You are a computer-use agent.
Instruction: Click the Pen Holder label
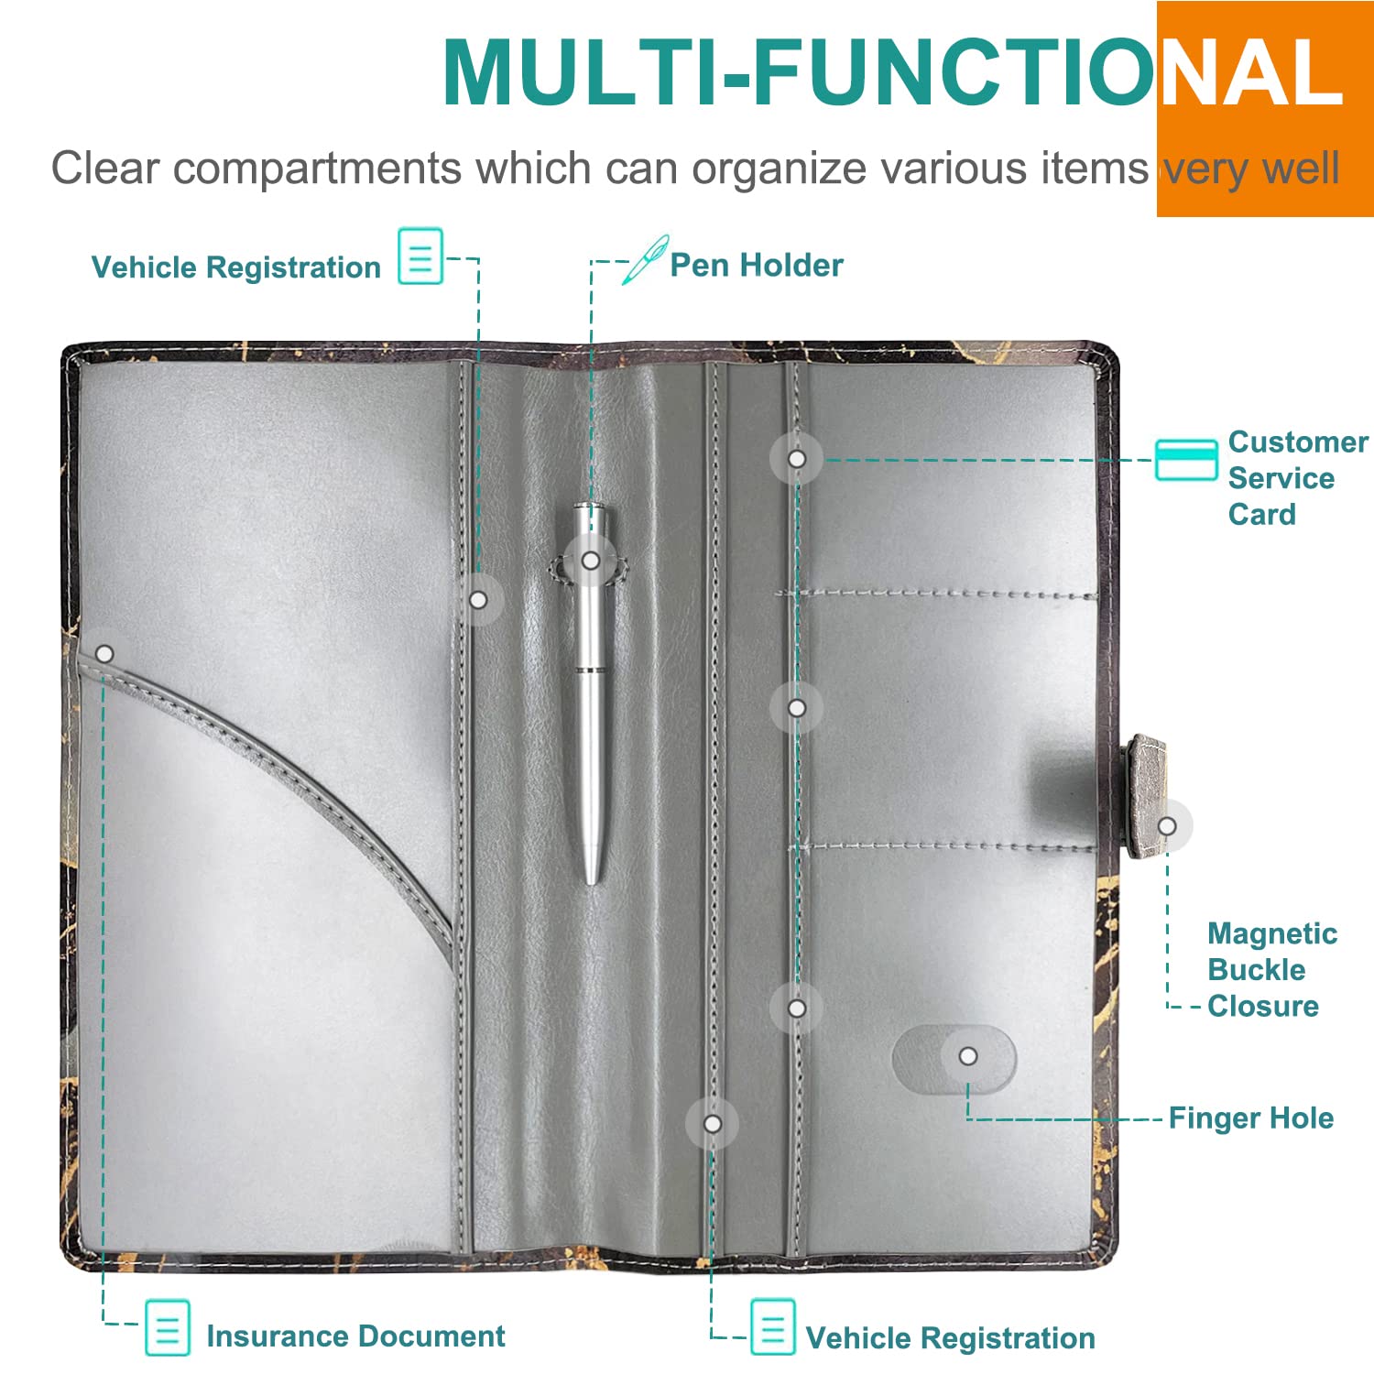pyautogui.click(x=756, y=266)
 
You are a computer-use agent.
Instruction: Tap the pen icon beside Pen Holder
pyautogui.click(x=645, y=260)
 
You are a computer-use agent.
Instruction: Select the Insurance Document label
pyautogui.click(x=355, y=1336)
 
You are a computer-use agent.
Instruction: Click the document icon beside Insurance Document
pyautogui.click(x=168, y=1327)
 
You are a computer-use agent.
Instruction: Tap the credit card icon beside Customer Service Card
pyautogui.click(x=1185, y=460)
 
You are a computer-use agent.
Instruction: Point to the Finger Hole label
pyautogui.click(x=1250, y=1118)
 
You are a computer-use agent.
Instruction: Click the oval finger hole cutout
pyautogui.click(x=954, y=1058)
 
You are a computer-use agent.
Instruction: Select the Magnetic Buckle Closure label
pyautogui.click(x=1271, y=970)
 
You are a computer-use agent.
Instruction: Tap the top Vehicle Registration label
pyautogui.click(x=236, y=267)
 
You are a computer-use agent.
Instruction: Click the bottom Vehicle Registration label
pyautogui.click(x=950, y=1338)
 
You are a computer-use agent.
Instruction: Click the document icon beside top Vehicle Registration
pyautogui.click(x=420, y=256)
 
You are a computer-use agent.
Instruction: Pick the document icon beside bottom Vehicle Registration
pyautogui.click(x=772, y=1326)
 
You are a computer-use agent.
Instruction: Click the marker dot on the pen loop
pyautogui.click(x=591, y=560)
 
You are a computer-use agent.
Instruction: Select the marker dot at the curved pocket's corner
pyautogui.click(x=104, y=654)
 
